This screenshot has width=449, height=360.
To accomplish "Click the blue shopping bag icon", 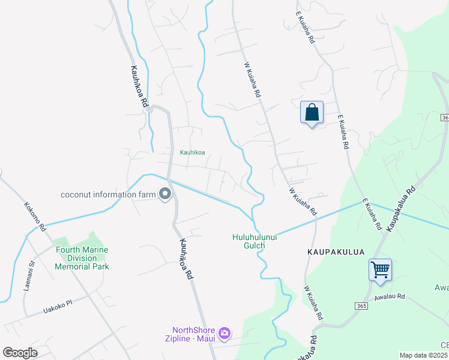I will (312, 112).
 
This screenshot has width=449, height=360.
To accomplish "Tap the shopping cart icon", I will (380, 270).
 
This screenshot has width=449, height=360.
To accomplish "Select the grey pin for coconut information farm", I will (164, 194).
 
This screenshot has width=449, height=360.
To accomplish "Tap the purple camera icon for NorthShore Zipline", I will (224, 334).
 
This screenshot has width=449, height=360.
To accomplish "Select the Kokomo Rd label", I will (35, 217).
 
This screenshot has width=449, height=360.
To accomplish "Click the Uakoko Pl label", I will (57, 307).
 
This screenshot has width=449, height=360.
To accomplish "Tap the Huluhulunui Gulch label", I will (255, 241).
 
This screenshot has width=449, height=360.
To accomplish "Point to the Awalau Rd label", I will (390, 296).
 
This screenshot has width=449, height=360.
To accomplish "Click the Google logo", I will (20, 353).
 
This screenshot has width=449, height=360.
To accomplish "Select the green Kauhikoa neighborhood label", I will (192, 152).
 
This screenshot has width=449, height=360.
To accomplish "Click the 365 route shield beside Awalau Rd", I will (361, 306).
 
